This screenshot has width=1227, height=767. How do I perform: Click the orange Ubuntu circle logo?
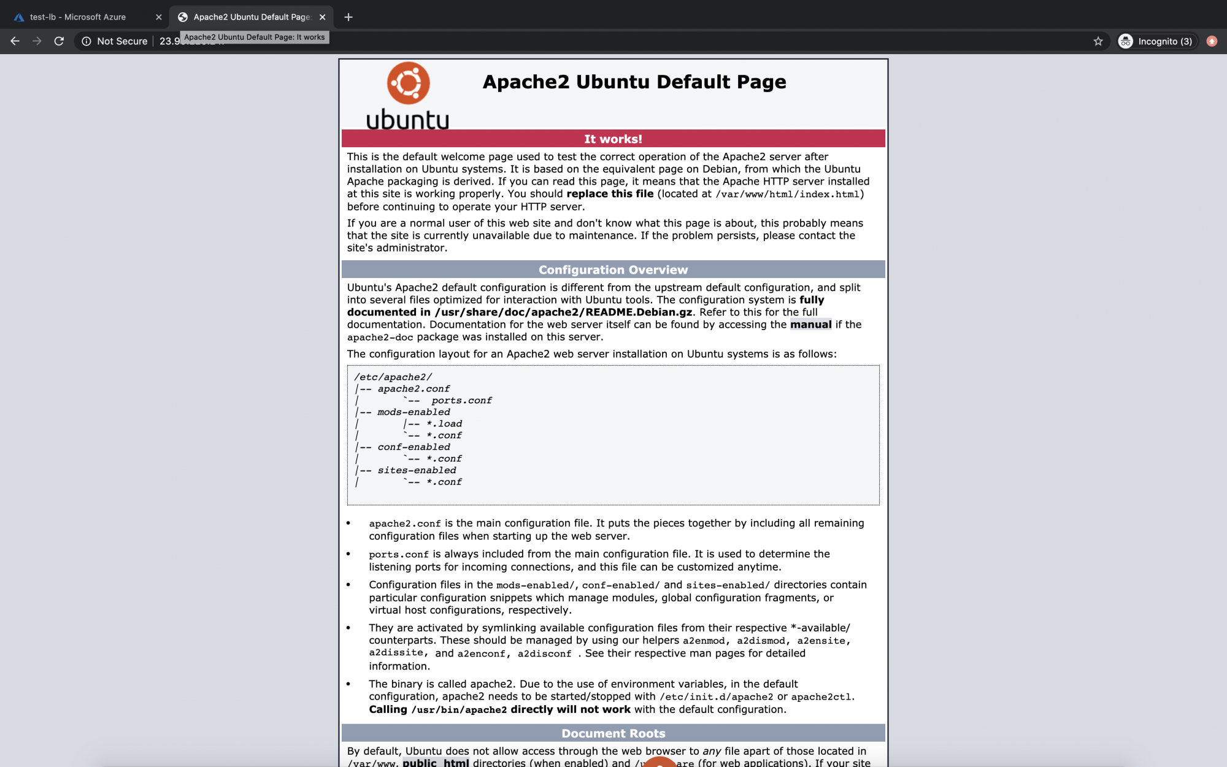pos(408,83)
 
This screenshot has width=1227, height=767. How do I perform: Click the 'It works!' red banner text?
pos(613,139)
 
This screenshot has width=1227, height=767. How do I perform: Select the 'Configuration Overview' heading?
pos(613,270)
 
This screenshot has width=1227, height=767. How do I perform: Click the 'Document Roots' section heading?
pos(613,733)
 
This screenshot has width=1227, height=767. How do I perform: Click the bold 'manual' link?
pos(810,325)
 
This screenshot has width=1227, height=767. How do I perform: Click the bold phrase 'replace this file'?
pos(610,194)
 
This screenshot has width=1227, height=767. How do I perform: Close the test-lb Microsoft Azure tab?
pos(159,17)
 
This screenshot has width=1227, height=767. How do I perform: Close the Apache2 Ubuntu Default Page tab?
pos(323,17)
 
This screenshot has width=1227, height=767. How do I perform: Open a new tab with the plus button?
pos(348,17)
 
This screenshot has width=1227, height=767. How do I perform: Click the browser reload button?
pos(59,41)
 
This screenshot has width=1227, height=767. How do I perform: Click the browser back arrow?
pos(15,41)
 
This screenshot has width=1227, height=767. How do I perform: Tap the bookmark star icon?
pos(1098,41)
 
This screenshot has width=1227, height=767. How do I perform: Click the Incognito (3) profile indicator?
pos(1157,41)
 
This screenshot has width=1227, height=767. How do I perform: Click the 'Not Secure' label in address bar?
pos(121,41)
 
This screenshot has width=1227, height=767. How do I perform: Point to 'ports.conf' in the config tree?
pos(461,401)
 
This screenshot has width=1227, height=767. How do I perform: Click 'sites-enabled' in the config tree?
pos(417,471)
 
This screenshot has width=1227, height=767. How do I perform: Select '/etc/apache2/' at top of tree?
pos(393,377)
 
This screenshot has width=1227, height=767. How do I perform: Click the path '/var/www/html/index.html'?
pos(787,195)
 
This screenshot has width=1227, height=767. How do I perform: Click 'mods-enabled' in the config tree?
pos(413,412)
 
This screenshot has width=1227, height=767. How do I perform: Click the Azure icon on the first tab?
pos(19,17)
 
